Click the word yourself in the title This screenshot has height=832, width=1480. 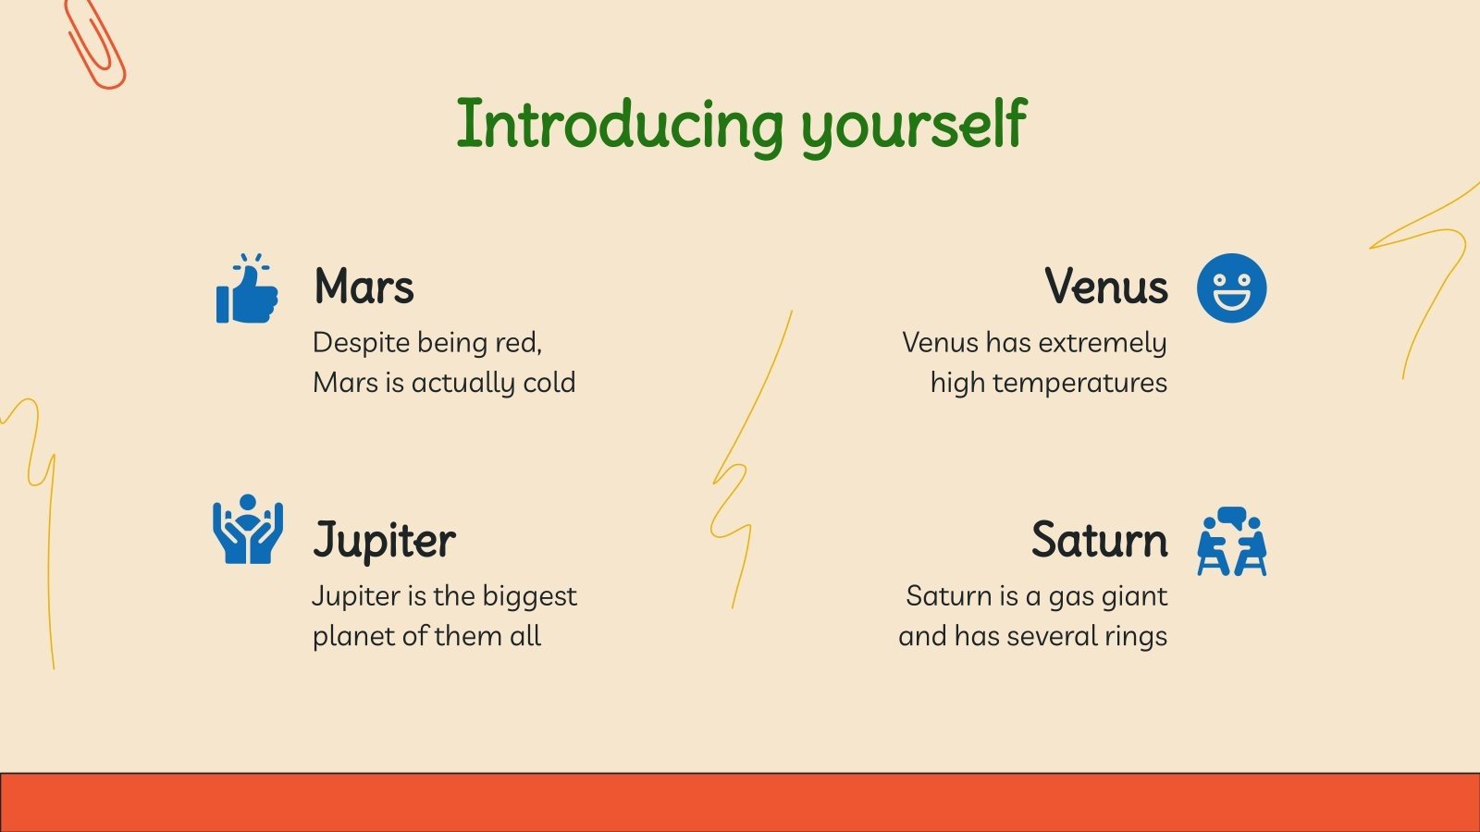pyautogui.click(x=914, y=126)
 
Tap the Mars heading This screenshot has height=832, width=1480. pyautogui.click(x=364, y=286)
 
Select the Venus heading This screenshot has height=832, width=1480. pyautogui.click(x=1106, y=286)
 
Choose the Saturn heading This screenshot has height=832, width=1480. pyautogui.click(x=1100, y=540)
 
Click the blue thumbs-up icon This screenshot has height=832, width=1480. pyautogui.click(x=247, y=288)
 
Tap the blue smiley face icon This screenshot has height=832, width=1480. pyautogui.click(x=1231, y=288)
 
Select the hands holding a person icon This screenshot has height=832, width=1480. pyautogui.click(x=248, y=529)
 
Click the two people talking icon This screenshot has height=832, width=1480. pyautogui.click(x=1232, y=542)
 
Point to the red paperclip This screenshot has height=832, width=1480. pyautogui.click(x=94, y=43)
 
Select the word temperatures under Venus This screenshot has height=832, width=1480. pyautogui.click(x=1080, y=383)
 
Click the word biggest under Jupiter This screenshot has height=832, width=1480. pyautogui.click(x=529, y=597)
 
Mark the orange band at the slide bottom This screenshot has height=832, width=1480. pyautogui.click(x=740, y=802)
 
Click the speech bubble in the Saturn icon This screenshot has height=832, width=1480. pyautogui.click(x=1231, y=516)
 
